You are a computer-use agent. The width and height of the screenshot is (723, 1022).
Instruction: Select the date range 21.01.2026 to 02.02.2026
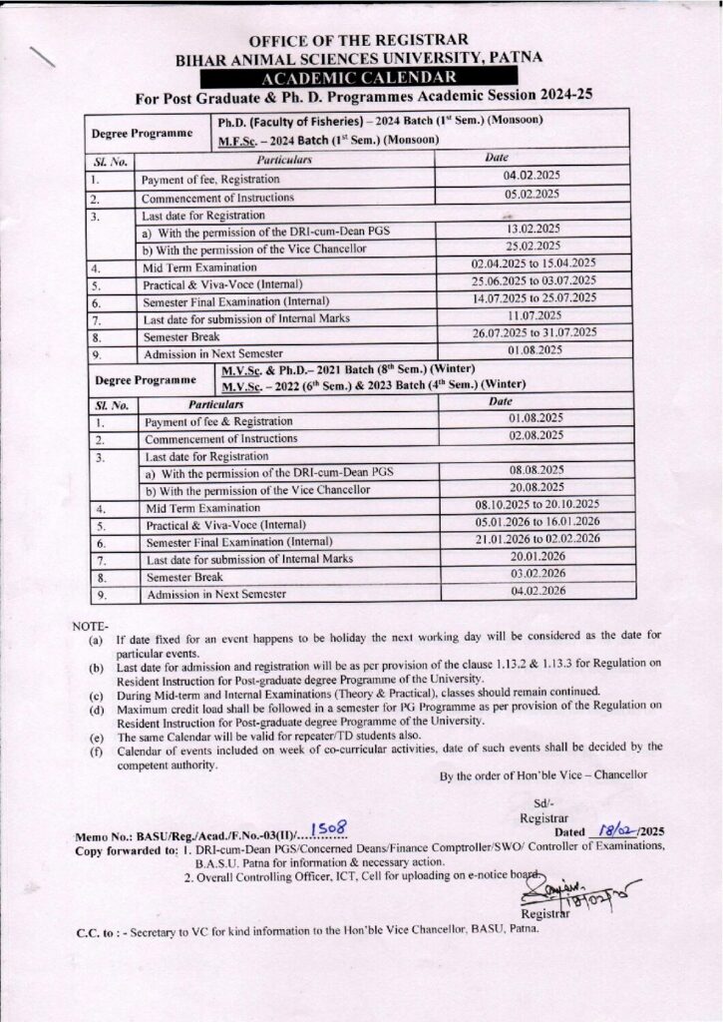[x=537, y=539]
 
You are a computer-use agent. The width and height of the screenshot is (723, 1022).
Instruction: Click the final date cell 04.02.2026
[x=538, y=591]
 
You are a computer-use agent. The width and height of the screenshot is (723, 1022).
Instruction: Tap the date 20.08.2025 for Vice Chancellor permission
[x=537, y=487]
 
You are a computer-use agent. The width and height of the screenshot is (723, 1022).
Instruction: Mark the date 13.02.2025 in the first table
[x=534, y=229]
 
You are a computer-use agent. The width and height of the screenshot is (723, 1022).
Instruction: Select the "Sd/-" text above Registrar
[x=542, y=802]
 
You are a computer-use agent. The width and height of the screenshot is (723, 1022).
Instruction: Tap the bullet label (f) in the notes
[x=96, y=746]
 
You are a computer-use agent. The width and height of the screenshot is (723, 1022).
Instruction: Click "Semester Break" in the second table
[x=184, y=577]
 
